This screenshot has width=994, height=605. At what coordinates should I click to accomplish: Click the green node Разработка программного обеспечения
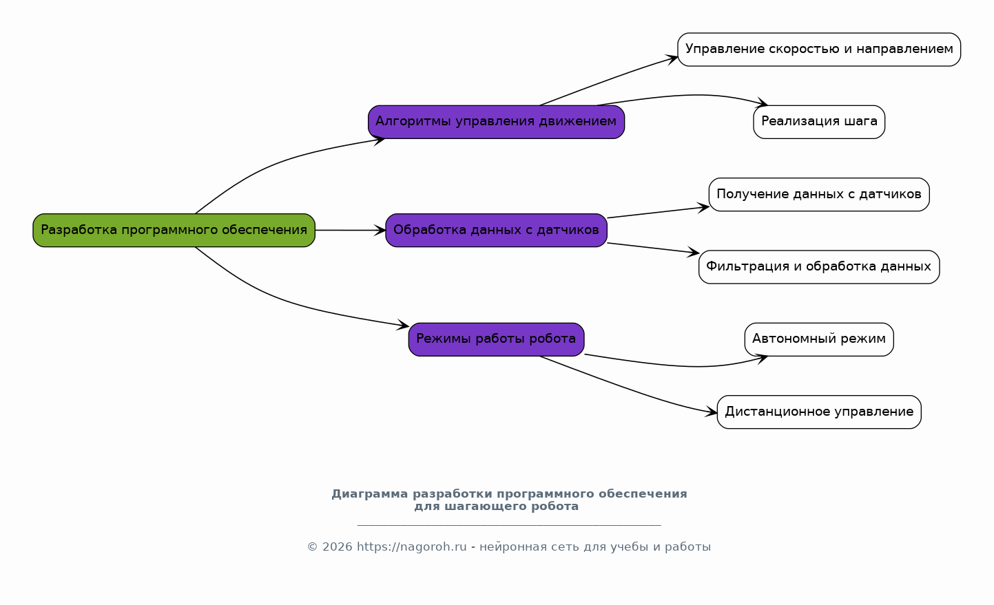click(174, 230)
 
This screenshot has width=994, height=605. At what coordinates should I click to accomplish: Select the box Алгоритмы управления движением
click(496, 122)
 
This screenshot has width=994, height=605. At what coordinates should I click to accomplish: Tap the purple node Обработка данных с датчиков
click(496, 230)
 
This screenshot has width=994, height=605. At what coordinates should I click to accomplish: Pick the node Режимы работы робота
click(496, 339)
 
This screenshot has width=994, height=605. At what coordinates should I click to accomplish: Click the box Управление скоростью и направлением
click(819, 50)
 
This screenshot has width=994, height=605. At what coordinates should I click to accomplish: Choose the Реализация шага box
click(819, 122)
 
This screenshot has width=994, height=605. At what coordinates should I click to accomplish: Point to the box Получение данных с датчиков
click(819, 194)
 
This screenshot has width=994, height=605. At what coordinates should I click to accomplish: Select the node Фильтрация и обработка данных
click(819, 267)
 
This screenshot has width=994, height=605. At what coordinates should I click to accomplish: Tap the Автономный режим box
click(819, 339)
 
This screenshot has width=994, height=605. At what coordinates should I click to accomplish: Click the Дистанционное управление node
click(819, 412)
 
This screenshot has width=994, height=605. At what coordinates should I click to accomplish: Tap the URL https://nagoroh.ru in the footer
click(411, 547)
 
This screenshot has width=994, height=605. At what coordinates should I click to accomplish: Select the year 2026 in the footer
click(338, 547)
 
